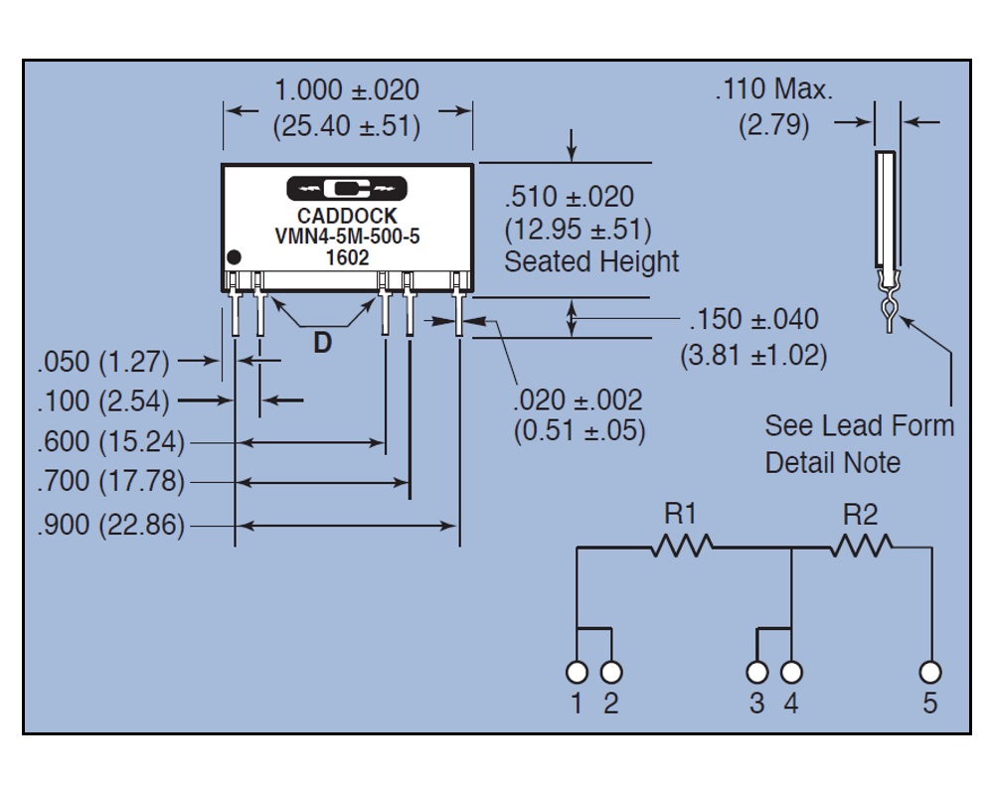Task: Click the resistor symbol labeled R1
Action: tap(682, 546)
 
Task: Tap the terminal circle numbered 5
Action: tap(930, 672)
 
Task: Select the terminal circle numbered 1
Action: tap(577, 672)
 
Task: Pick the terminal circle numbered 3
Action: tap(757, 672)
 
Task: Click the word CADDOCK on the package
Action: tap(347, 216)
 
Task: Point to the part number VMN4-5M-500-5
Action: tap(347, 236)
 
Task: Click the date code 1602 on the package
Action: tap(347, 256)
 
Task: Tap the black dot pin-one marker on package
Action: tap(235, 257)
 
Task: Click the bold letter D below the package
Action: tap(322, 343)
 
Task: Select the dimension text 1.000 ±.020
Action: tap(346, 89)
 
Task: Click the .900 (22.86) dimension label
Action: tap(110, 525)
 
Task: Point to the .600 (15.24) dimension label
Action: tap(110, 441)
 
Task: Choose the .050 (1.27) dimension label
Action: tap(103, 361)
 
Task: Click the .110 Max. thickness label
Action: tap(773, 89)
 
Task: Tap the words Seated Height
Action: tap(591, 262)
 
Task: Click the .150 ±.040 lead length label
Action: tap(753, 320)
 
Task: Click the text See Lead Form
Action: tap(858, 426)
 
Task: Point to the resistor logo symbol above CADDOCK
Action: tap(347, 188)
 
